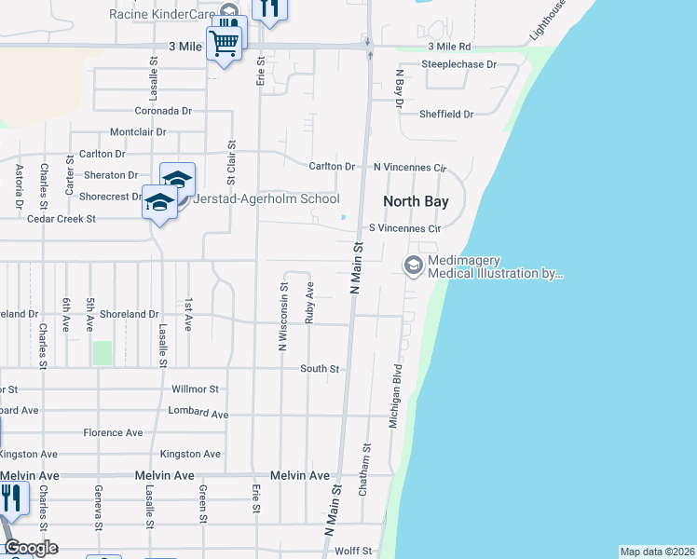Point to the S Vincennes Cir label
click(404, 227)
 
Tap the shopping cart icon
click(224, 42)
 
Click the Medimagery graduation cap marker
click(412, 266)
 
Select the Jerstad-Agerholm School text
click(266, 198)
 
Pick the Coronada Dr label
click(163, 110)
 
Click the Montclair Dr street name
click(138, 132)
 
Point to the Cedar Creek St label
click(62, 219)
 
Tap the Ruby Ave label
click(309, 302)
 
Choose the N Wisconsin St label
click(282, 315)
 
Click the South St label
click(320, 369)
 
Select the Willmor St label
click(195, 389)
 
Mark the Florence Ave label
click(113, 433)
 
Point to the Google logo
click(31, 548)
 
